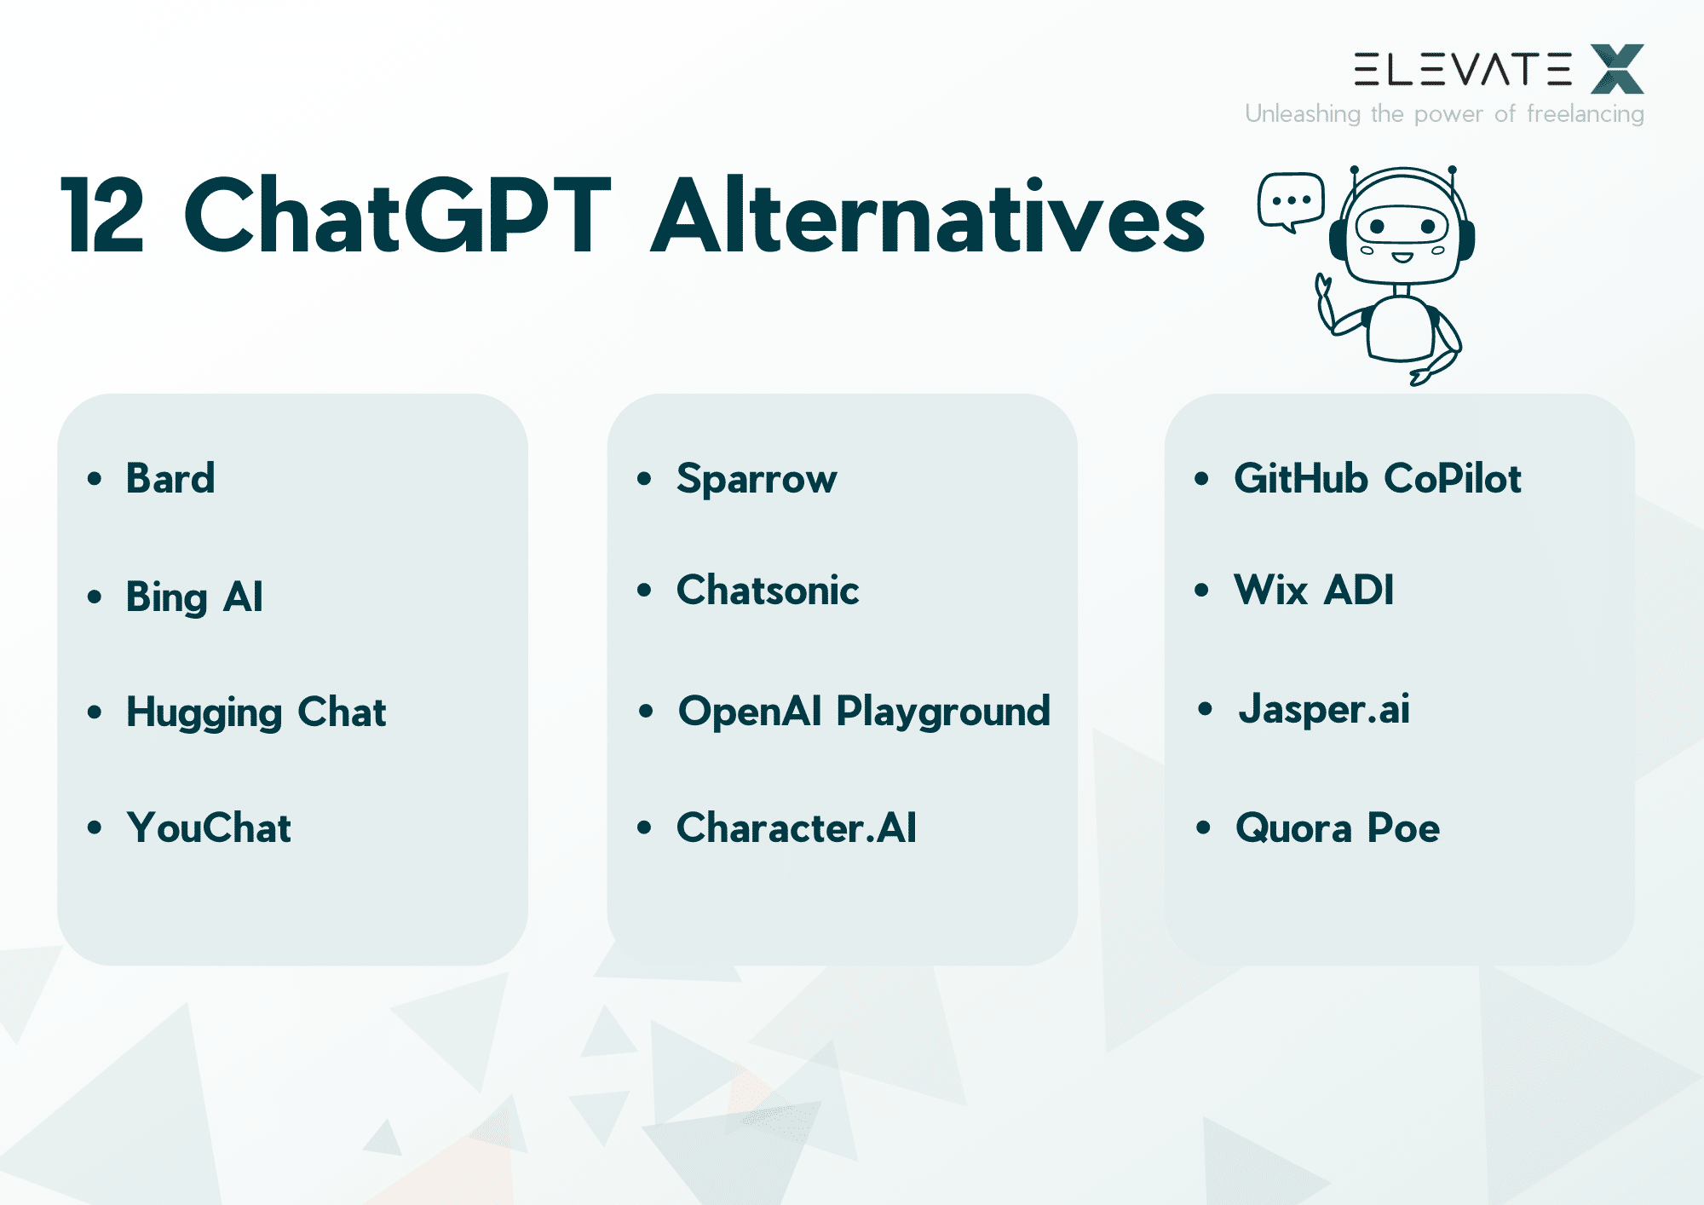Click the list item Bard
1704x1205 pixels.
point(170,478)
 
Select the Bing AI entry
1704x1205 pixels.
point(194,597)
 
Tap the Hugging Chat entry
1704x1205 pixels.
point(256,712)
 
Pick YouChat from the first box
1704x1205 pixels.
point(209,827)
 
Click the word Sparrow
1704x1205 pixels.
point(757,479)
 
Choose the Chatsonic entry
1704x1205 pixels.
point(768,591)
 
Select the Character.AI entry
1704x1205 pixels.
point(797,827)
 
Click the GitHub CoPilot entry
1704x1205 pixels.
point(1378,478)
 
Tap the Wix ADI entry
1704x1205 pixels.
point(1314,590)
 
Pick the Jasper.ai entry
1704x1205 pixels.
point(1324,710)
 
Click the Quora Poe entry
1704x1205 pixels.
point(1338,827)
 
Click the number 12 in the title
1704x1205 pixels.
point(103,216)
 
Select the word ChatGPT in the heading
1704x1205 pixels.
point(397,216)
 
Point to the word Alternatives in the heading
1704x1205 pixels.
point(928,216)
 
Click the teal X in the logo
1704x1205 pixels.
point(1617,69)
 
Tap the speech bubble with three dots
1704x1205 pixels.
point(1291,201)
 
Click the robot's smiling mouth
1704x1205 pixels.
point(1402,257)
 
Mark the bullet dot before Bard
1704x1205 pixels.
point(95,479)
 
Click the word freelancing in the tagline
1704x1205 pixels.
point(1586,114)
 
